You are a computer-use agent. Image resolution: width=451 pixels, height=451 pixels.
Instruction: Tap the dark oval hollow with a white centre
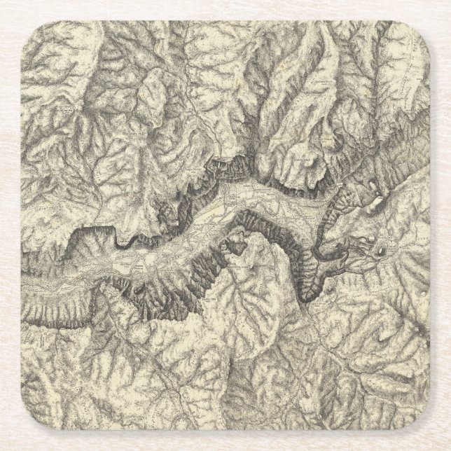point(382,247)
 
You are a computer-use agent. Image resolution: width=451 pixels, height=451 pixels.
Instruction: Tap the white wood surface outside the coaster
point(11,224)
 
